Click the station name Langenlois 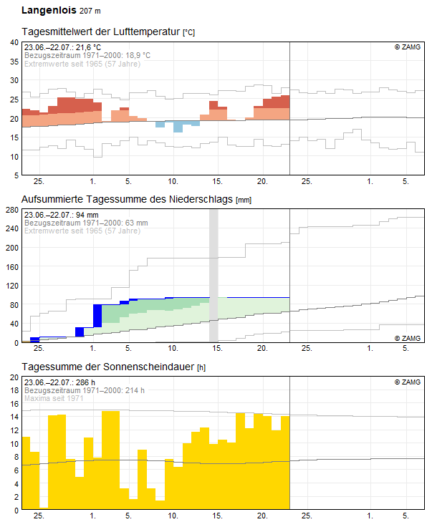click(x=49, y=10)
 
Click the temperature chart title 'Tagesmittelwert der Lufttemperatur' click(x=101, y=32)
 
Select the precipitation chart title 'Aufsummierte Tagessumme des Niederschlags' click(x=127, y=199)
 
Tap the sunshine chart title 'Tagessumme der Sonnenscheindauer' click(x=108, y=367)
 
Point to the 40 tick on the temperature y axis click(x=14, y=43)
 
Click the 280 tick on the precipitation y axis click(x=12, y=210)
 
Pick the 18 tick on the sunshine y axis click(x=14, y=390)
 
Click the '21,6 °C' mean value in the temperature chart click(x=88, y=47)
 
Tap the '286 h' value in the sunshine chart click(x=85, y=382)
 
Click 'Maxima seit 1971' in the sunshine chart click(x=54, y=398)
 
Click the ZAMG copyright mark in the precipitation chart click(x=408, y=338)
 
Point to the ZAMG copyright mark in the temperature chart click(x=408, y=47)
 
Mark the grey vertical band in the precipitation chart click(x=214, y=276)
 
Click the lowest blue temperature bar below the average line click(x=178, y=127)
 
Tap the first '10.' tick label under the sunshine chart click(x=173, y=516)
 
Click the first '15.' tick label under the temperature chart click(x=218, y=181)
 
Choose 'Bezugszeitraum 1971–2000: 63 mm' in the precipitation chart click(x=86, y=223)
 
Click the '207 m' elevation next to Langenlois click(x=90, y=11)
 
